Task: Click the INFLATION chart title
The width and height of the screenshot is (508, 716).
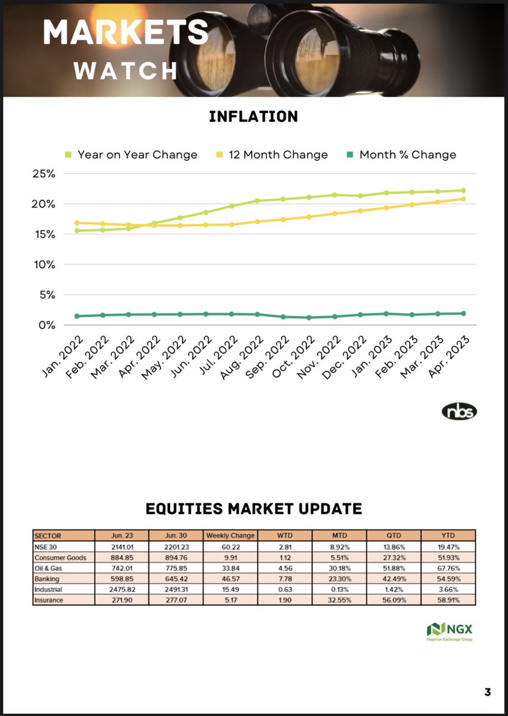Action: pos(253,116)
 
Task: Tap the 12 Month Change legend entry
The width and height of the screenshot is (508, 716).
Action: pos(278,155)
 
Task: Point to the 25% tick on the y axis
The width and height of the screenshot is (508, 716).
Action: pos(43,174)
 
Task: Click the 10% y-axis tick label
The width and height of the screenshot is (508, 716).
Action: pos(43,264)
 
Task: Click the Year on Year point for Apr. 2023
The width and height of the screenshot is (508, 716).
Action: pos(463,191)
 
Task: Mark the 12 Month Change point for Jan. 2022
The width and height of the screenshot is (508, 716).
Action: pos(78,223)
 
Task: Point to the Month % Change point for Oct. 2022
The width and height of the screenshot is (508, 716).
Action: pos(309,317)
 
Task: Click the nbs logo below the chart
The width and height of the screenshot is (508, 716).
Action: pos(460,412)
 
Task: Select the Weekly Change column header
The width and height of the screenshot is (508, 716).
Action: pos(230,535)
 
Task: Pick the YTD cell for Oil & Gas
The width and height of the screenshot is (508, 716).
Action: pos(448,569)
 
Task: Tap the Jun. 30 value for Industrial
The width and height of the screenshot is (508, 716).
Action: pos(175,590)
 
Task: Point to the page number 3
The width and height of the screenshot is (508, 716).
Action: pos(488,693)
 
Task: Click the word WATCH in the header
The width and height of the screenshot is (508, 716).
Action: pos(126,71)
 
